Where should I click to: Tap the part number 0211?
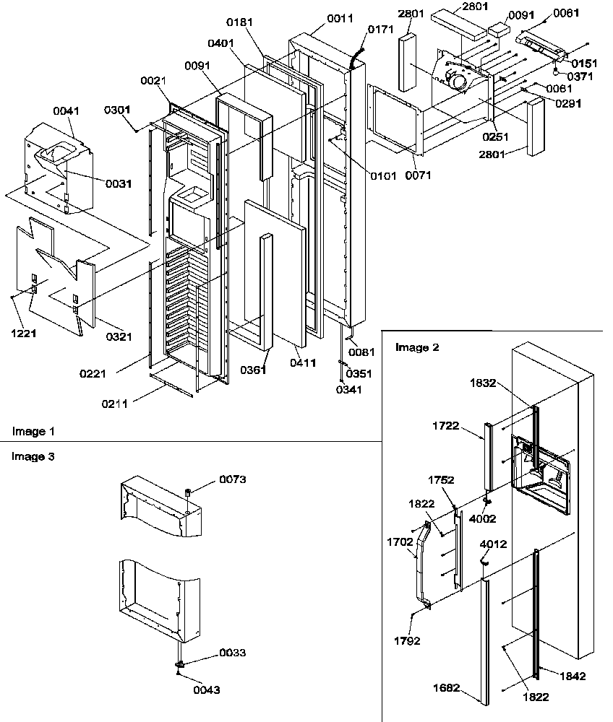(115, 404)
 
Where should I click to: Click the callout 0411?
(303, 363)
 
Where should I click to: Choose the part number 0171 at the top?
(380, 30)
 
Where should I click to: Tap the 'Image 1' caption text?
(33, 431)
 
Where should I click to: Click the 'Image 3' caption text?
(33, 456)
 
